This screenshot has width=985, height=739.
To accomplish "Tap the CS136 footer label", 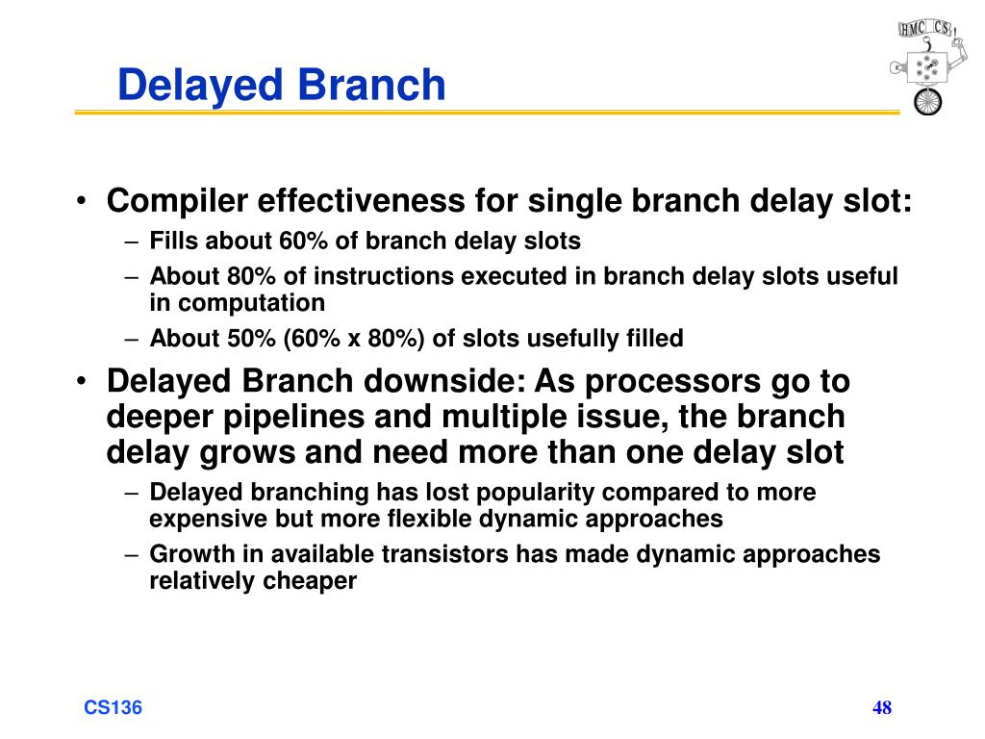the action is (114, 707).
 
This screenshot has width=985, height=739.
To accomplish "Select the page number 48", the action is (882, 707).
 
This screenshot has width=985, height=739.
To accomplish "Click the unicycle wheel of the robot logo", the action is (928, 102).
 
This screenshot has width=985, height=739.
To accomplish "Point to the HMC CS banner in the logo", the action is (925, 28).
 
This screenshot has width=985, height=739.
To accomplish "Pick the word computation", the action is (251, 303).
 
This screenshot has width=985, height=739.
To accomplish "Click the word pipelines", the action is (293, 418).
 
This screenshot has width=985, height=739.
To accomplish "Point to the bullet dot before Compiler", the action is (81, 202).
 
